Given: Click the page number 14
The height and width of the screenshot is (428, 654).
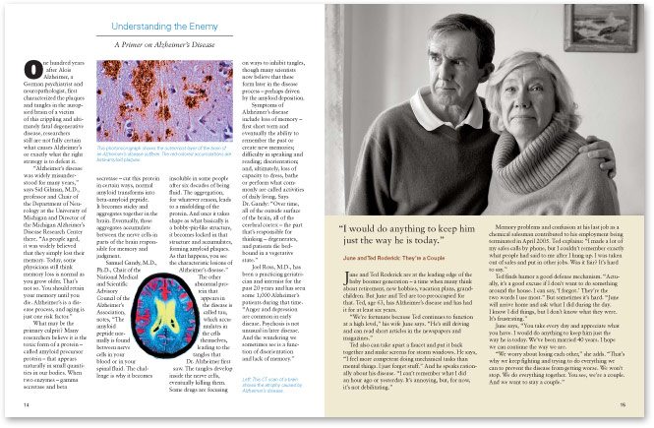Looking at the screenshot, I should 25,403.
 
